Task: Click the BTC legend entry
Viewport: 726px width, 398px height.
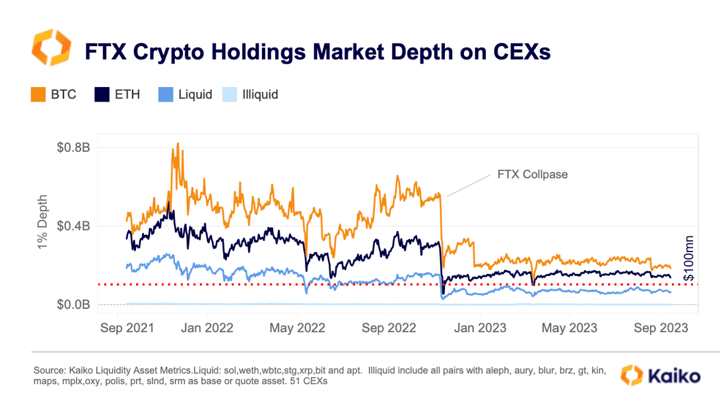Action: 53,94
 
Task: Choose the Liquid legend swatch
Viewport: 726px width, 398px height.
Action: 166,94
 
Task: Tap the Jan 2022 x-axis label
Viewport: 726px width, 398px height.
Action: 207,327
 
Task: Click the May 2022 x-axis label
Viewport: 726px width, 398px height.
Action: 297,327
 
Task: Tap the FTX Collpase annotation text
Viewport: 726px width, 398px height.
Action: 532,175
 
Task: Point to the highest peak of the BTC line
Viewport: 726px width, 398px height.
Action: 178,143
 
